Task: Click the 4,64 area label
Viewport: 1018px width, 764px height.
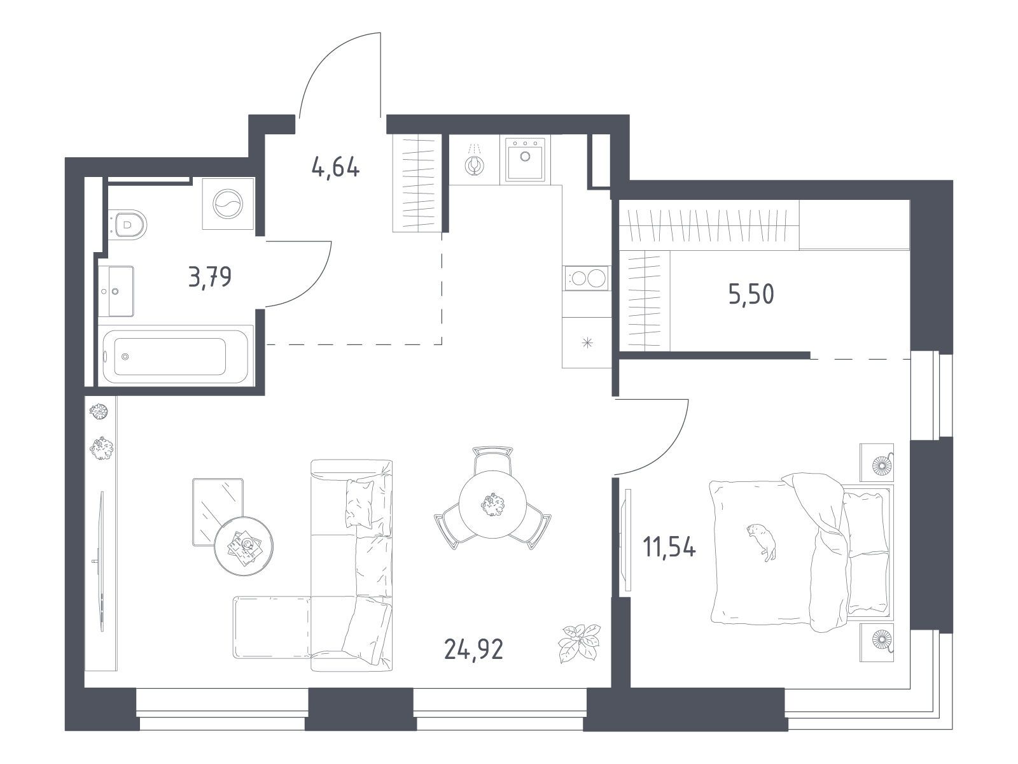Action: click(x=336, y=167)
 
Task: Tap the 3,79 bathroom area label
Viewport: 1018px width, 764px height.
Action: click(x=210, y=277)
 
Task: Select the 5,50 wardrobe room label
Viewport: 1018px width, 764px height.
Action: click(x=751, y=294)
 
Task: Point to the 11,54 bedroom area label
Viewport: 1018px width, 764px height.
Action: click(x=669, y=547)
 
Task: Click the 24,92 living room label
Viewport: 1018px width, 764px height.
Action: click(x=473, y=649)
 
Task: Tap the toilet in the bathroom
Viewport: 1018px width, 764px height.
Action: click(x=128, y=225)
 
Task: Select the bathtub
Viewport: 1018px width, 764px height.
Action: click(x=176, y=357)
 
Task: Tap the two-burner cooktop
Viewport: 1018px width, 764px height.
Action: click(x=587, y=278)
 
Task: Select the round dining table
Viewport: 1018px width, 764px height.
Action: click(x=492, y=504)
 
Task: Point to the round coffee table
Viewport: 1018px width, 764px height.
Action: click(x=244, y=546)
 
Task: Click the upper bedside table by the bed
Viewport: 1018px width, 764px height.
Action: click(x=877, y=462)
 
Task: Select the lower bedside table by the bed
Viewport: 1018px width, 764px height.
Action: click(x=877, y=642)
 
